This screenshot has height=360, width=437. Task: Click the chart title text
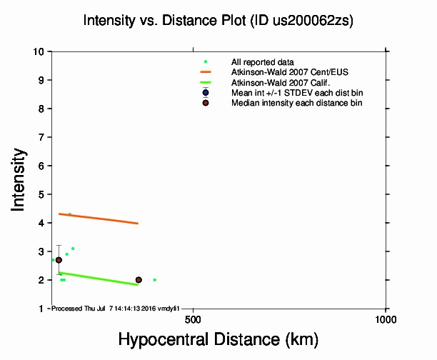(218, 21)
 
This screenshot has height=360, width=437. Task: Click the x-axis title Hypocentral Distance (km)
(218, 338)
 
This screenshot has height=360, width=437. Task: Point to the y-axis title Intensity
(20, 179)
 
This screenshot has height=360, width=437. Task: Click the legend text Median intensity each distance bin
(296, 103)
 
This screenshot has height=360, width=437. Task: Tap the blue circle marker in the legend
(206, 93)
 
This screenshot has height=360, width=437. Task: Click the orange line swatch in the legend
(206, 72)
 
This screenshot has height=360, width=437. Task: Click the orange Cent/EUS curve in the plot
(100, 219)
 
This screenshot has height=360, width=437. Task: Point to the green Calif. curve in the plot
(100, 278)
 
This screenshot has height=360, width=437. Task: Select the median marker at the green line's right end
(139, 280)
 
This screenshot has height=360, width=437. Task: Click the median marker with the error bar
(59, 260)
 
